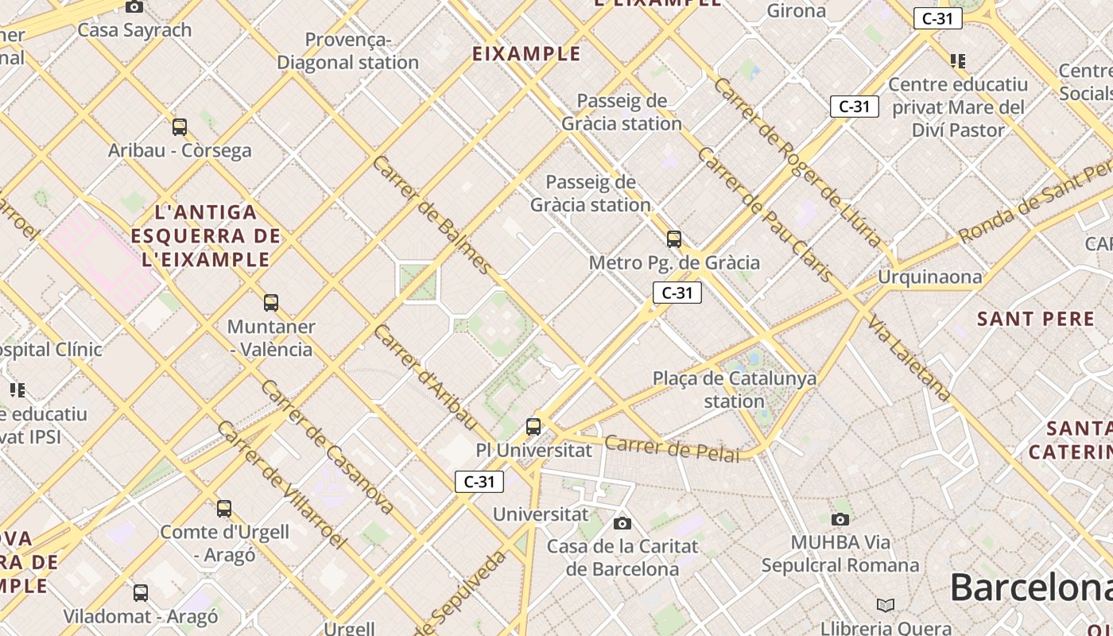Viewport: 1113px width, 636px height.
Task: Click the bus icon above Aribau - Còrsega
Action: (180, 126)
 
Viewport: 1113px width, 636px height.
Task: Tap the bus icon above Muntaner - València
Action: (271, 302)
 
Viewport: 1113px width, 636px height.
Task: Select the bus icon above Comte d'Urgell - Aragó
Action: (224, 508)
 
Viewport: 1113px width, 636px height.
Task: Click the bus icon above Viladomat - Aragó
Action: (141, 592)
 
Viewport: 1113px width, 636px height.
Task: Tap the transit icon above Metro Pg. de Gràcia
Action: (674, 238)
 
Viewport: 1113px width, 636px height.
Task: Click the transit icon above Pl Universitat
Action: (533, 427)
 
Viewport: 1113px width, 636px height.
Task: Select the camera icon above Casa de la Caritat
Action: (622, 523)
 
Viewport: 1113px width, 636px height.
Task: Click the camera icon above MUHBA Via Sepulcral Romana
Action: (840, 520)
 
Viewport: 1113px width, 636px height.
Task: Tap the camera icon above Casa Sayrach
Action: (134, 7)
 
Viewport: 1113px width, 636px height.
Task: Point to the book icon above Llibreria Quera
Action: (886, 605)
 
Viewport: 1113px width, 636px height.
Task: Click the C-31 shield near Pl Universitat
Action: (479, 481)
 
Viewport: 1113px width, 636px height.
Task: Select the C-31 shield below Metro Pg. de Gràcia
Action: (677, 293)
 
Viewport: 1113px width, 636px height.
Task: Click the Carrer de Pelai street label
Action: (672, 448)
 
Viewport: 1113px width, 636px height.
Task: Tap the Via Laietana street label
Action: (909, 358)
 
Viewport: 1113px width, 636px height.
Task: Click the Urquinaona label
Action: (929, 277)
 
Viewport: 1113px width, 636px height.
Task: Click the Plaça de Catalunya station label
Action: (734, 390)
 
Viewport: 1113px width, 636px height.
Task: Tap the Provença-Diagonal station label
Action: (347, 51)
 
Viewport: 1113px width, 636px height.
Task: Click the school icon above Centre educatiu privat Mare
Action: (958, 60)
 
